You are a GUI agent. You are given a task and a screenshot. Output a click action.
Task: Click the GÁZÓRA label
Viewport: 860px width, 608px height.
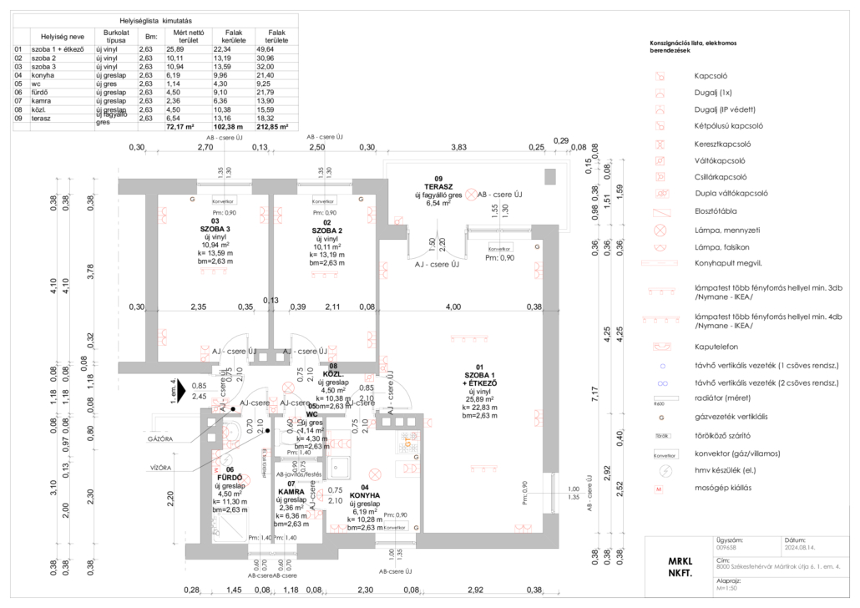[159, 438]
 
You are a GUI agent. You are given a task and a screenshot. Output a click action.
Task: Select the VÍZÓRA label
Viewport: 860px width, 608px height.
[161, 467]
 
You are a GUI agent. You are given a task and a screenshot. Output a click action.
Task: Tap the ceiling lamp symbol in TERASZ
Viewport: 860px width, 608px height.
[471, 195]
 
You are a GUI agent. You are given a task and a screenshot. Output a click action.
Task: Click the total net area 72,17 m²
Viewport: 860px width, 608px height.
[180, 127]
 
